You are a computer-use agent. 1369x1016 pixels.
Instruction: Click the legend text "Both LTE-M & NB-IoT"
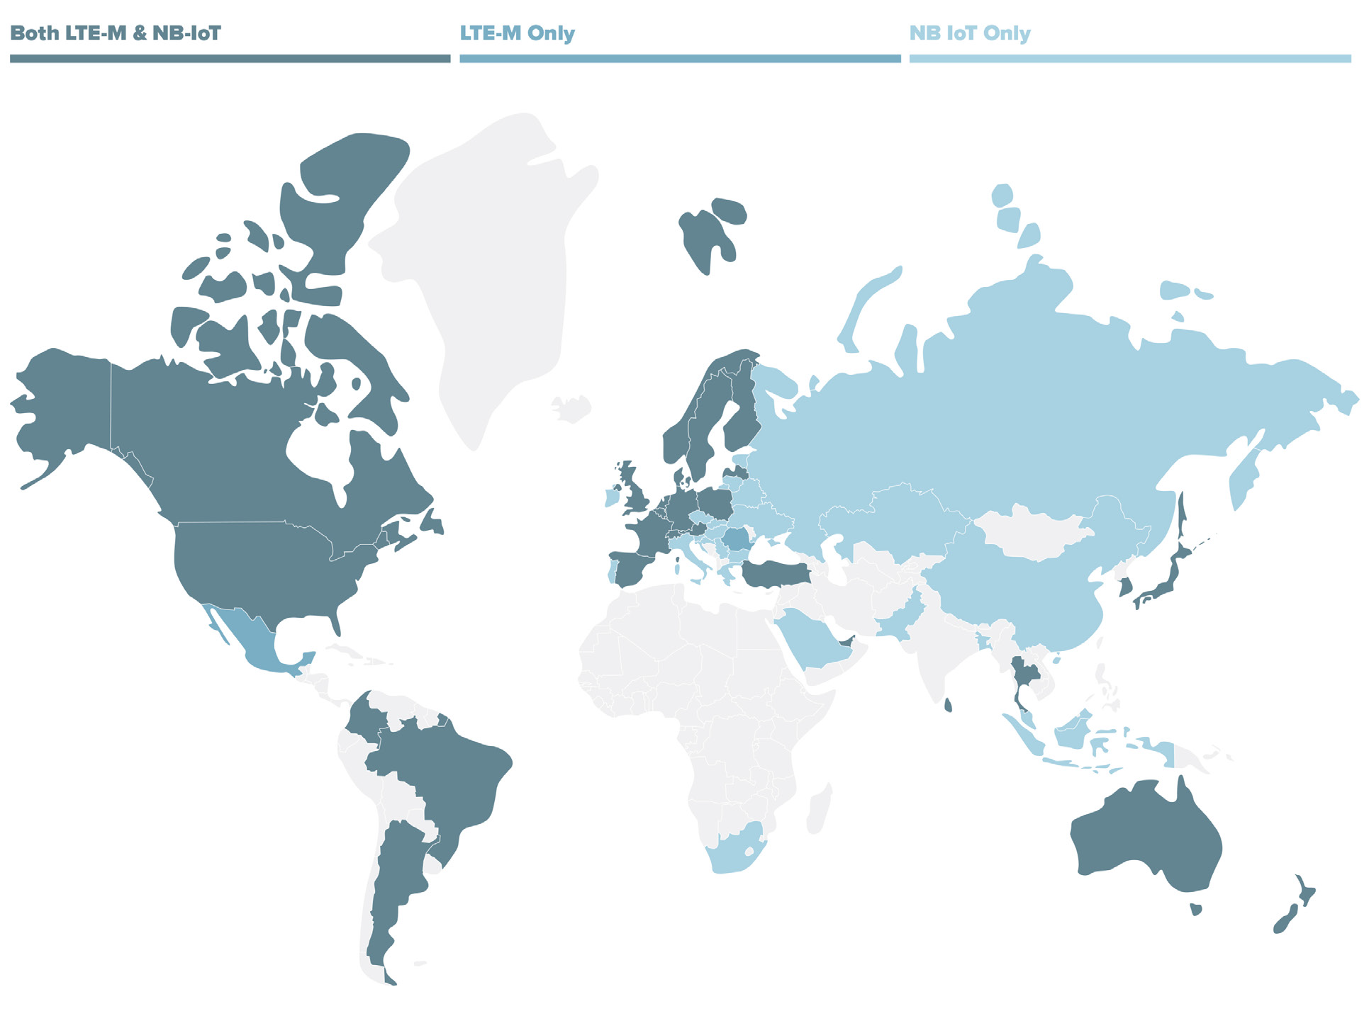click(x=116, y=33)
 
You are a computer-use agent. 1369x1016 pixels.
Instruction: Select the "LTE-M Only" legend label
click(x=517, y=33)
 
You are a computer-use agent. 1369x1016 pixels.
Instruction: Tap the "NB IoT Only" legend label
click(x=969, y=33)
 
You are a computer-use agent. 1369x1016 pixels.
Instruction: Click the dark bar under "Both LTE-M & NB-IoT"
click(x=230, y=59)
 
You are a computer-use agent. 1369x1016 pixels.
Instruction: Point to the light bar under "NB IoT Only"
click(x=1129, y=59)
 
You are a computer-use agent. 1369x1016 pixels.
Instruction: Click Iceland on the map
click(x=571, y=408)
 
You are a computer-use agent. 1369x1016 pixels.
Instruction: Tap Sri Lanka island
click(x=949, y=705)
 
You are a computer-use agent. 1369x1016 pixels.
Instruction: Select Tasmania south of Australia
click(x=1196, y=909)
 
